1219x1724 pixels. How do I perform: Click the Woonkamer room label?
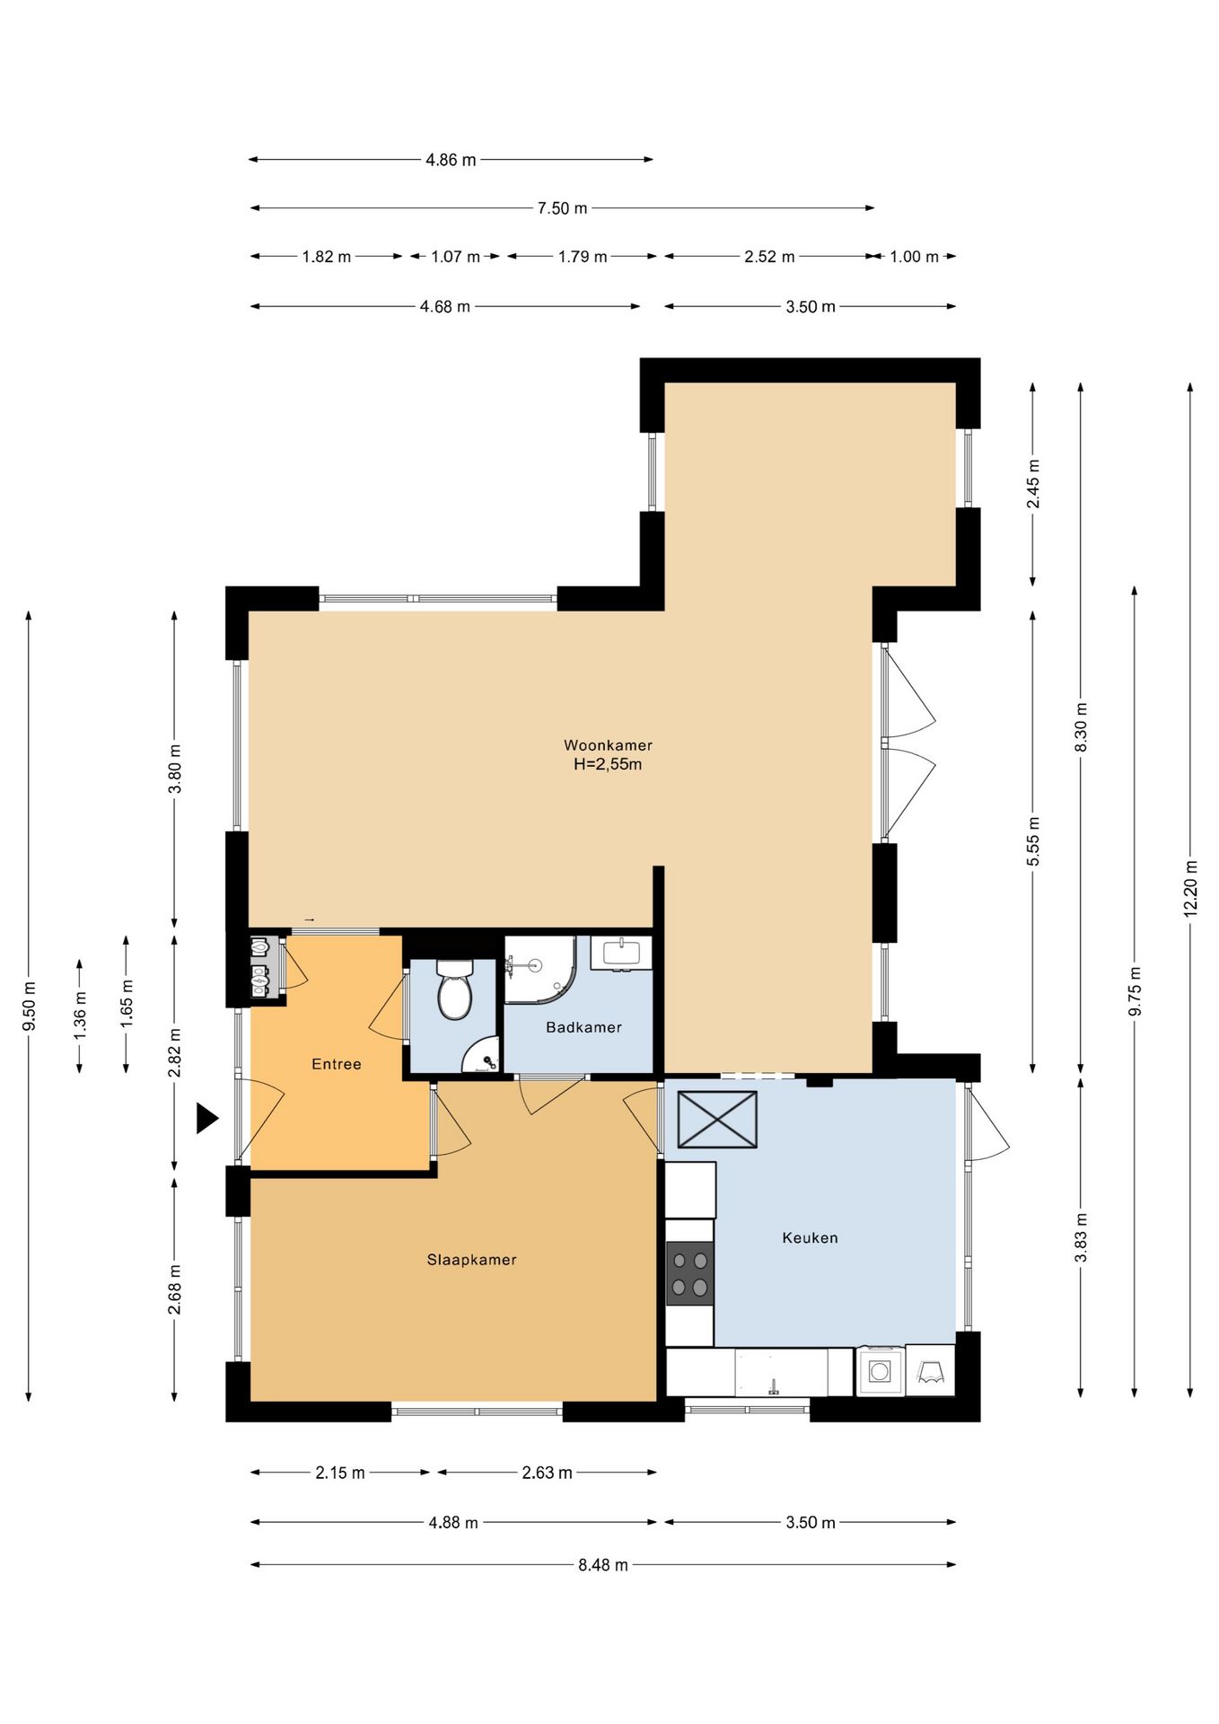tap(608, 745)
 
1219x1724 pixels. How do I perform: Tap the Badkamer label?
tap(583, 1027)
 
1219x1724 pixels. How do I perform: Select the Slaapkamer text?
tap(471, 1260)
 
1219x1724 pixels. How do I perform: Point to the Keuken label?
tap(810, 1237)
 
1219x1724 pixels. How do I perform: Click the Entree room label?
tap(337, 1064)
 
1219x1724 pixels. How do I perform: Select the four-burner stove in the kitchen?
tap(689, 1273)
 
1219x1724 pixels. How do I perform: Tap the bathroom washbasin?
tap(621, 953)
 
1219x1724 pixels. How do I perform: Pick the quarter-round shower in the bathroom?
tap(539, 970)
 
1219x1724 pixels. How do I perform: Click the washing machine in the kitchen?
tap(881, 1371)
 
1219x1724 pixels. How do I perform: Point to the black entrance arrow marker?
tap(207, 1119)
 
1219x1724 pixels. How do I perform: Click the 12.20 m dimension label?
tap(1190, 889)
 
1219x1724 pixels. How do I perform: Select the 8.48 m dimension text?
tap(603, 1565)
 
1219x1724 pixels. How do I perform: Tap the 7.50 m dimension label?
tap(563, 208)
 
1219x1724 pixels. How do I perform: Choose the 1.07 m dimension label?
tap(455, 257)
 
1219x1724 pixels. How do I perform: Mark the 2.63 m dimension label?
tap(547, 1473)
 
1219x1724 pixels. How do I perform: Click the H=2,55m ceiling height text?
tap(608, 765)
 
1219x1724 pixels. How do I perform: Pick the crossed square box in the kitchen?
tap(717, 1120)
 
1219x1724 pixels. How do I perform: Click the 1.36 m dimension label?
tap(80, 1016)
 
